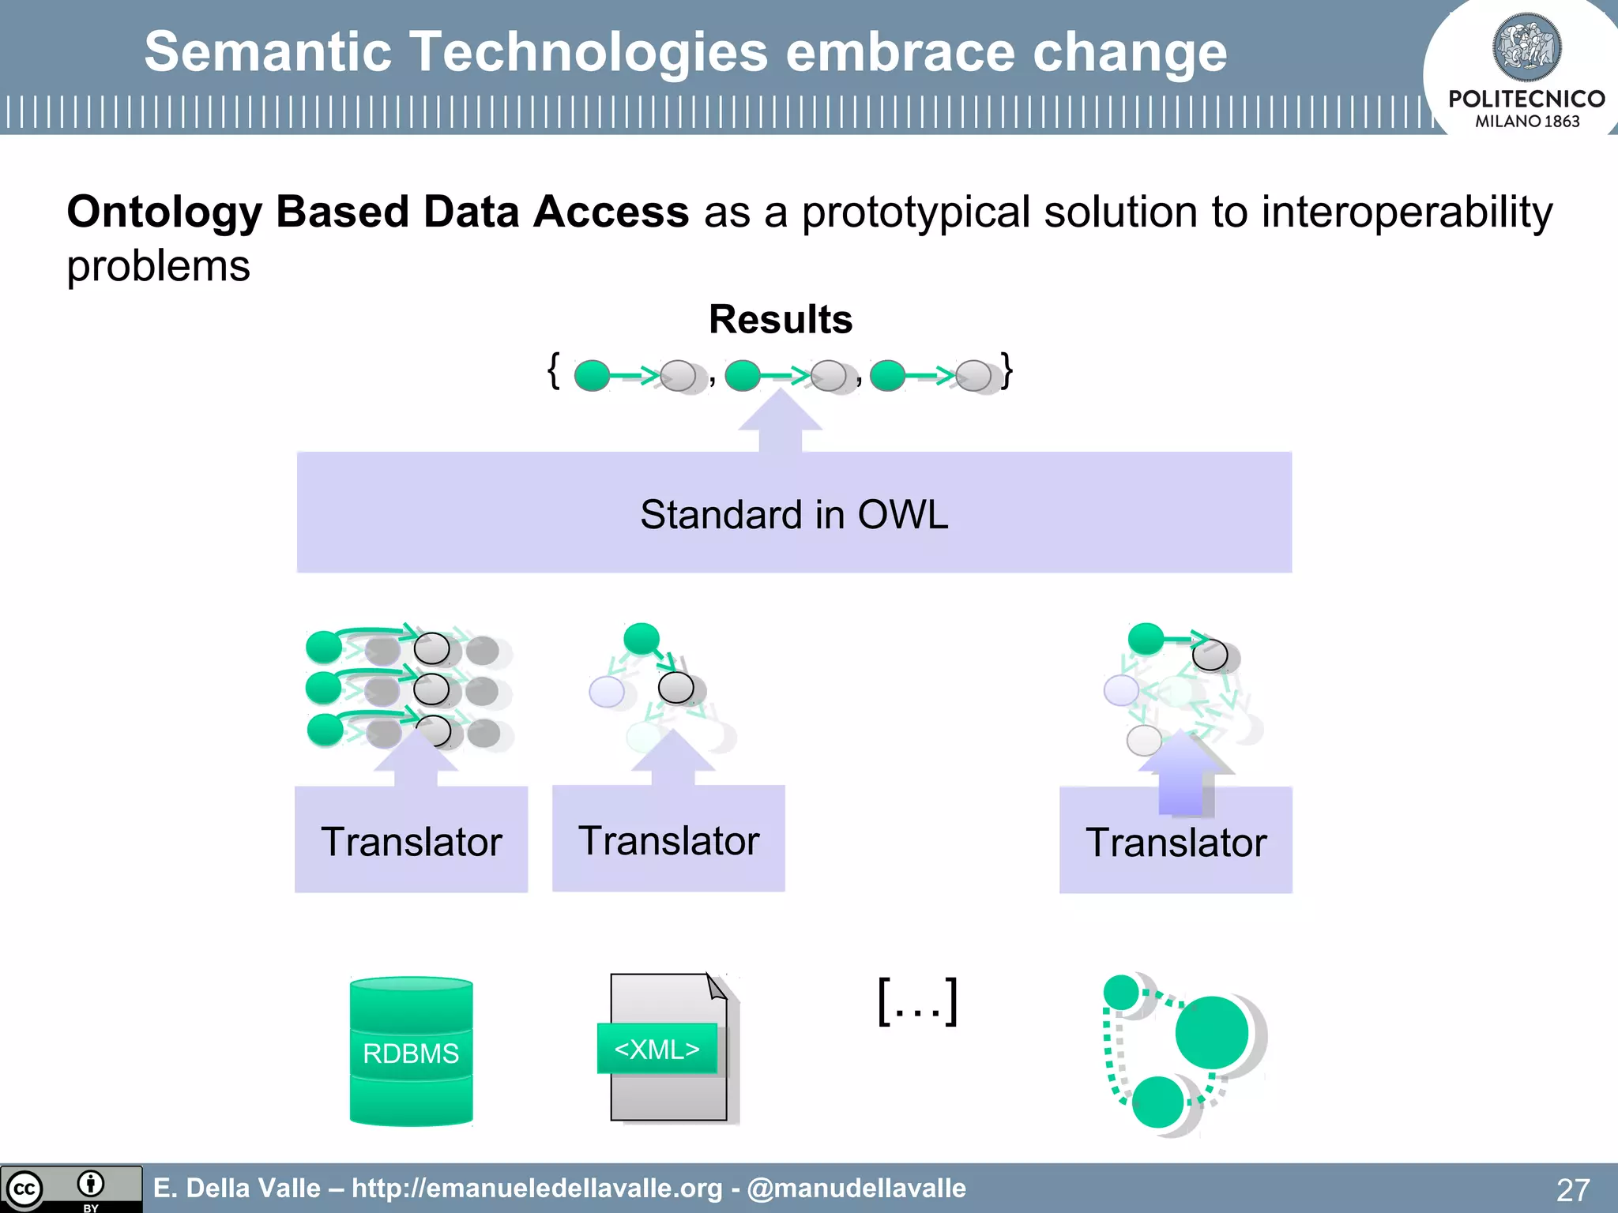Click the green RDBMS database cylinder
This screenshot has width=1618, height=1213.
click(x=411, y=1052)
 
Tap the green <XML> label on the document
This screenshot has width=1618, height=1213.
click(x=657, y=1049)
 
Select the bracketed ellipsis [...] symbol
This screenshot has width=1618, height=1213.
click(x=918, y=1001)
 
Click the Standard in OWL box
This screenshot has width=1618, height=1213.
click(x=794, y=513)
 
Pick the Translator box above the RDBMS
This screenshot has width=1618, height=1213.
click(x=411, y=840)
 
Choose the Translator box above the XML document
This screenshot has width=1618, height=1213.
click(x=668, y=839)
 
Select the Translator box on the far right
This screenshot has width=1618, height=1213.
click(x=1176, y=842)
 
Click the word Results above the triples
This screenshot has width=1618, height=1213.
click(x=781, y=319)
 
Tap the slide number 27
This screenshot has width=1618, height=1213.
click(x=1572, y=1189)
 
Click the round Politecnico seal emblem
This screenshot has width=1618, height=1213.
click(x=1526, y=47)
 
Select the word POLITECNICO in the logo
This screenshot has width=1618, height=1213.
click(x=1526, y=99)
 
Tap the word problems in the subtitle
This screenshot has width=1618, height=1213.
click(x=158, y=266)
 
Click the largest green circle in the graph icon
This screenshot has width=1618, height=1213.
click(x=1211, y=1032)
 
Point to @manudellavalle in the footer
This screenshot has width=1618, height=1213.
click(x=856, y=1188)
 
